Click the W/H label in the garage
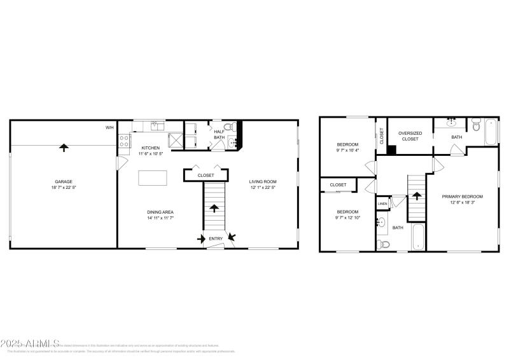point(109,128)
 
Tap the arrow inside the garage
point(63,148)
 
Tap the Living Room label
point(261,181)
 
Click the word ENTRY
point(216,239)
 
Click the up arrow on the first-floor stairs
point(214,209)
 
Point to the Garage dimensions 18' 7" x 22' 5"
point(63,188)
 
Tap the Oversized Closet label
point(410,135)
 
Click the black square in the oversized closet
point(392,150)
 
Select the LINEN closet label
point(382,204)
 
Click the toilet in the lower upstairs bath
point(382,243)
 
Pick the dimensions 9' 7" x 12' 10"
point(347,218)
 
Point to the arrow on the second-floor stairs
point(416,196)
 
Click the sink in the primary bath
point(451,121)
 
